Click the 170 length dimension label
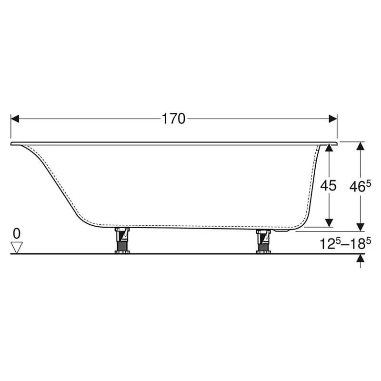173,119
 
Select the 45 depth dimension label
328,186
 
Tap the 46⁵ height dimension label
360,186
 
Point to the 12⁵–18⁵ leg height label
345,243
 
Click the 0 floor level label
17,234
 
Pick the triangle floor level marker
17,247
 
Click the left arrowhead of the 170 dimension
15,119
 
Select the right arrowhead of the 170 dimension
333,119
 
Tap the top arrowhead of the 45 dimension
329,148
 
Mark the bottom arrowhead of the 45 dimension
329,223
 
